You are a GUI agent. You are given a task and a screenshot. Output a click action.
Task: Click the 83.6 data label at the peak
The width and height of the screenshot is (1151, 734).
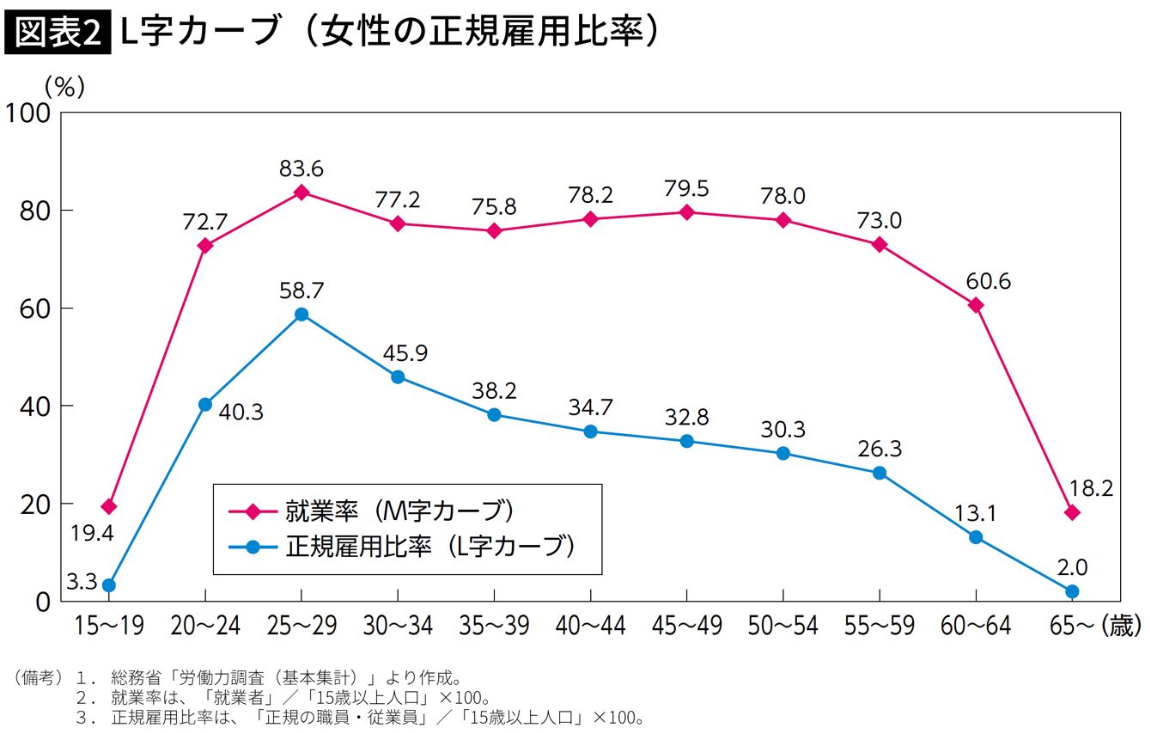[301, 168]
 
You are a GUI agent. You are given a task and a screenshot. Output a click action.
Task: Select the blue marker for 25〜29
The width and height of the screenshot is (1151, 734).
[301, 315]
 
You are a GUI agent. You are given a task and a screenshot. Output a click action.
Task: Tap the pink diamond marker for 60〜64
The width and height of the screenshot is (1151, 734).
[976, 305]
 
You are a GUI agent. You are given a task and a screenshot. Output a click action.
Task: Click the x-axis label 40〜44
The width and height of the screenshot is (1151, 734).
[590, 627]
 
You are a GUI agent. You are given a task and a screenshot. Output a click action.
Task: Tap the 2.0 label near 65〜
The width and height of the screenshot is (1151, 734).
[1072, 567]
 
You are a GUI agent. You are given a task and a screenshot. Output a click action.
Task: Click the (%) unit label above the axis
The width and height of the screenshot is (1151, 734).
[64, 86]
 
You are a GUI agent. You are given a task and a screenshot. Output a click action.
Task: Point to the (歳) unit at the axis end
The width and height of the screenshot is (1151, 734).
[1124, 627]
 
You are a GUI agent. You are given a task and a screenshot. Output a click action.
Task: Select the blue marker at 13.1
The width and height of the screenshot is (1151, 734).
[976, 537]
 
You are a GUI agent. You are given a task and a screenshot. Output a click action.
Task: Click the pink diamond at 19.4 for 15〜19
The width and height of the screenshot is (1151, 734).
[109, 507]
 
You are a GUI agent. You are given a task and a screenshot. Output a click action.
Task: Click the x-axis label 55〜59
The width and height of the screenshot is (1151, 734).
[879, 627]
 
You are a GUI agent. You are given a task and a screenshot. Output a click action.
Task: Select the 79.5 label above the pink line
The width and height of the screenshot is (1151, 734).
[686, 188]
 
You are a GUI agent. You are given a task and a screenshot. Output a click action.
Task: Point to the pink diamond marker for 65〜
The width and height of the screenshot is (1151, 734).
[1072, 512]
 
